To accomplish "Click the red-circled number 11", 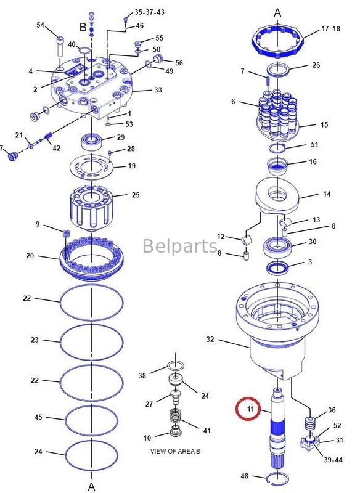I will (250, 408).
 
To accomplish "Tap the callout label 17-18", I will (330, 29).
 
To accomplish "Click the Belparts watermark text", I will (180, 246).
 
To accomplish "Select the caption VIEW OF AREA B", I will (175, 451).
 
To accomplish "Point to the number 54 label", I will (41, 25).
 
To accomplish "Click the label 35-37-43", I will (150, 12).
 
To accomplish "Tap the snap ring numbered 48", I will (278, 477).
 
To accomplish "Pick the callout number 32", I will (210, 340).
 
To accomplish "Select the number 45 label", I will (38, 417).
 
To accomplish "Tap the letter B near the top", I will (83, 27).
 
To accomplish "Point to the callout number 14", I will (327, 194).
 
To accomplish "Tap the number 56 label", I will (179, 63).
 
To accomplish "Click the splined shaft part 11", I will (278, 431).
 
